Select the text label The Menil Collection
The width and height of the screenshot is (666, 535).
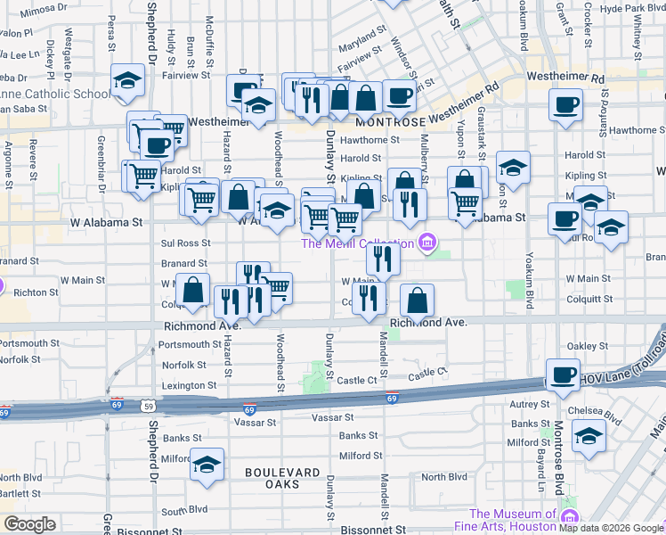(x=356, y=243)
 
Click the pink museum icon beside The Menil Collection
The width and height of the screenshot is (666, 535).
(x=427, y=242)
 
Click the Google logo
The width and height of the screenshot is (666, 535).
(x=30, y=524)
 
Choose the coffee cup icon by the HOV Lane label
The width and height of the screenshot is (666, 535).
(x=562, y=375)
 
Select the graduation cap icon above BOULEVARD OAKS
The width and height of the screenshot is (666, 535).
(x=207, y=465)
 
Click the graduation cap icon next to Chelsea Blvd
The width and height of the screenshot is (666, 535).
(x=589, y=436)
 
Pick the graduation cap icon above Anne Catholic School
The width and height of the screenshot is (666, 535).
(x=128, y=81)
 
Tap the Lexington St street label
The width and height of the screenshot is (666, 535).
(x=188, y=385)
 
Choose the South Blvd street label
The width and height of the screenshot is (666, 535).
(x=184, y=512)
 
